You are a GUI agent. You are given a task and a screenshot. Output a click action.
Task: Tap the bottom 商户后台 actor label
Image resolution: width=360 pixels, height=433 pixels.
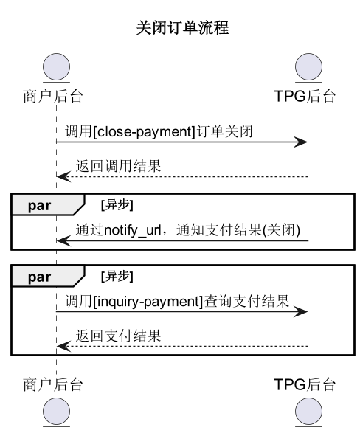(53, 384)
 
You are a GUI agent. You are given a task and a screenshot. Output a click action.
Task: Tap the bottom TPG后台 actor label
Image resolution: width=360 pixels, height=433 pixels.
(304, 384)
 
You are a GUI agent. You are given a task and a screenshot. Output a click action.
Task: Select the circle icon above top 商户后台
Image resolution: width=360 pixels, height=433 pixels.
(56, 67)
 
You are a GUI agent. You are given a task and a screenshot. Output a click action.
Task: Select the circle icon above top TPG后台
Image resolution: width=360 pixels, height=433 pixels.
(308, 67)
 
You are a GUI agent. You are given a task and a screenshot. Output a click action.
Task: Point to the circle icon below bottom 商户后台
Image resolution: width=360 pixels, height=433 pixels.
(56, 411)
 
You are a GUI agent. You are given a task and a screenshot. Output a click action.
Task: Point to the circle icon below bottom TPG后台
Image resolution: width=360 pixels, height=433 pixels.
(308, 411)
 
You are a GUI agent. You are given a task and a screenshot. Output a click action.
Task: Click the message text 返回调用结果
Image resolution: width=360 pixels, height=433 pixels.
(118, 167)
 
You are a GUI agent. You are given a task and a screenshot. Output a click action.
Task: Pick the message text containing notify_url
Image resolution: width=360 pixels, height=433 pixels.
(190, 229)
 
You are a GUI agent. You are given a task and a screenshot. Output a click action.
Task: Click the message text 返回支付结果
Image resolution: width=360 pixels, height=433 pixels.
(118, 336)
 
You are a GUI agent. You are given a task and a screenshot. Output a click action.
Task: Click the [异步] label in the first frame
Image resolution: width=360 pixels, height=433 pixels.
(117, 204)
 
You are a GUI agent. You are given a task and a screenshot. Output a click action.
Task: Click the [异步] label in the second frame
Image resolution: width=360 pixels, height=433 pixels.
(117, 277)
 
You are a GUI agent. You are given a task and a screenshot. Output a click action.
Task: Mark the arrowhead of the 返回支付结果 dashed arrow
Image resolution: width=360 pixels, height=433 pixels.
(63, 347)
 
